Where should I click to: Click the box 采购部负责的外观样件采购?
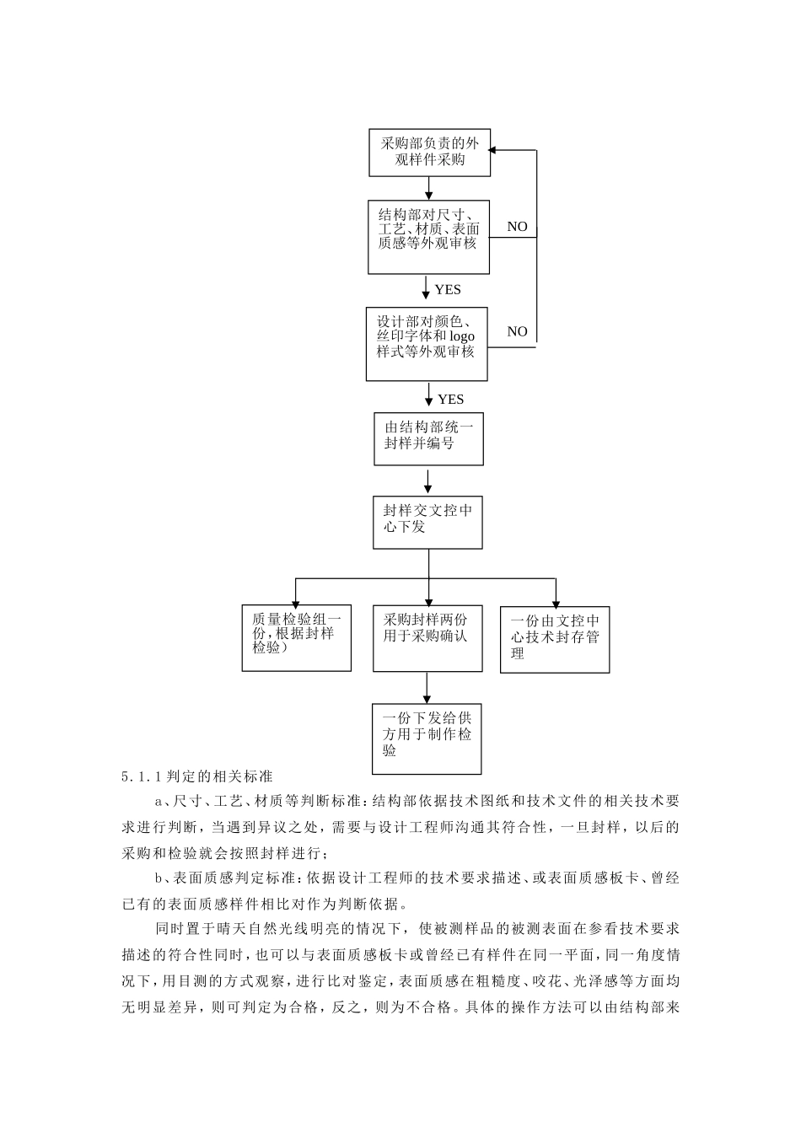(429, 153)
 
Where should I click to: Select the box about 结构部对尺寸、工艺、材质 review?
(428, 237)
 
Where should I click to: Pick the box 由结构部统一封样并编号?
(428, 438)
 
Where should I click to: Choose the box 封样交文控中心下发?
(428, 522)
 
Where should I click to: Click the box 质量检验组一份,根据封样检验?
(296, 638)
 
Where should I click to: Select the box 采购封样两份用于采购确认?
(428, 638)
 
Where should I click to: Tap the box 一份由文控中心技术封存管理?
(555, 639)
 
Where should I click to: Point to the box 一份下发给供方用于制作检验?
(427, 738)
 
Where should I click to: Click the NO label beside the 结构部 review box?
(517, 227)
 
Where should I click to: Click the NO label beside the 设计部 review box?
(517, 331)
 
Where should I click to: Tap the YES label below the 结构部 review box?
(448, 290)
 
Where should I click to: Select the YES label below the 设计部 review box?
(450, 399)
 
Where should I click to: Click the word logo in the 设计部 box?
(461, 336)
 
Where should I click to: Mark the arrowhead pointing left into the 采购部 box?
(496, 150)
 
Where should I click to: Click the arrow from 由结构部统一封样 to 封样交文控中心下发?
(428, 481)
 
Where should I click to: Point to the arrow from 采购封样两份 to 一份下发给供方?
(427, 688)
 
